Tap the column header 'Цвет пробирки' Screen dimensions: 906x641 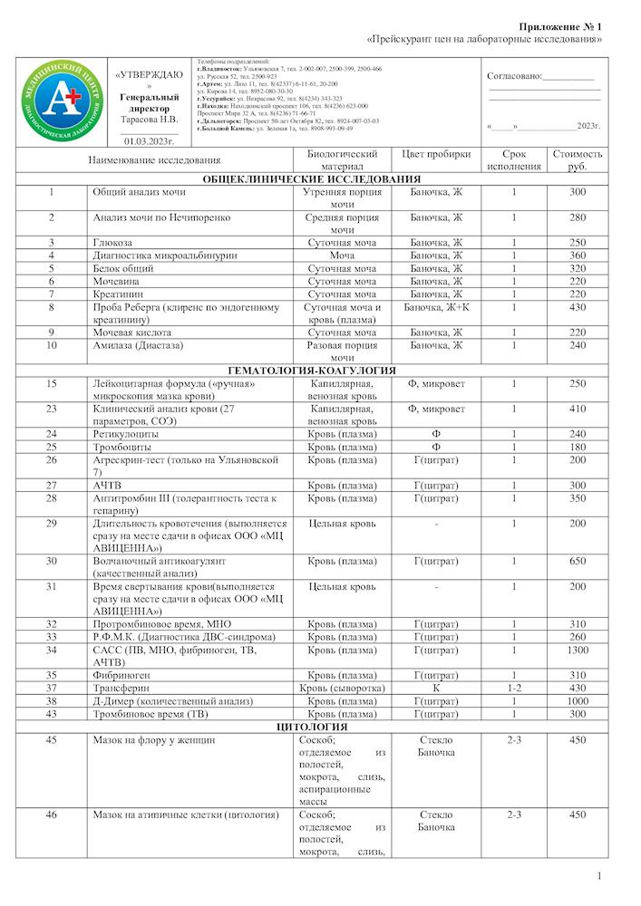[x=436, y=154]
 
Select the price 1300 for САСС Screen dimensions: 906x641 [x=578, y=651]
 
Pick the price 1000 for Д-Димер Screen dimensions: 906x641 [x=578, y=701]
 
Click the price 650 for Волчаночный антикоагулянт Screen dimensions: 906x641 [x=578, y=562]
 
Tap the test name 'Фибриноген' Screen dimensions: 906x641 [x=121, y=676]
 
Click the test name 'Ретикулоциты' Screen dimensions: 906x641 [x=125, y=434]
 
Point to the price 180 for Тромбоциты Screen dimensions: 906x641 [x=578, y=447]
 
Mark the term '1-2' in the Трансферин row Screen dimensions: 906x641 [x=513, y=689]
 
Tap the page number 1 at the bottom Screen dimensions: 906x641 [x=599, y=876]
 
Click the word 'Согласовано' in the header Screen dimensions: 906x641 [x=514, y=76]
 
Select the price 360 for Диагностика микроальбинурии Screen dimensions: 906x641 [x=578, y=255]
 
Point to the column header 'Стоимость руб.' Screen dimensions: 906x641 [x=578, y=160]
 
